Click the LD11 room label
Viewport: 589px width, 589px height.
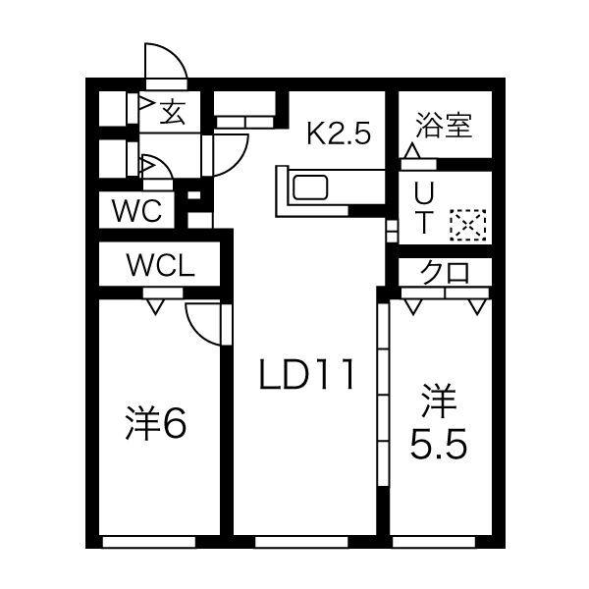tap(305, 374)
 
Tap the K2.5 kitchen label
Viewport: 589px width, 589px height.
tap(339, 133)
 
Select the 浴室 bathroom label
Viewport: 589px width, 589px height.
tap(444, 126)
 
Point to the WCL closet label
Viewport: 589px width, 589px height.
tap(160, 264)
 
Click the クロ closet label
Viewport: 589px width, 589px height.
tap(444, 273)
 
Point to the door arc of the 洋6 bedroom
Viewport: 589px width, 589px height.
tap(203, 321)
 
